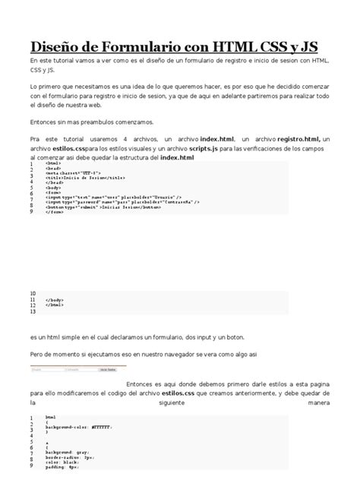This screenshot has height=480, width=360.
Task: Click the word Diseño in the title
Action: [56, 45]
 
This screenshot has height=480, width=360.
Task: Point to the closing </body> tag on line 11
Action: [54, 300]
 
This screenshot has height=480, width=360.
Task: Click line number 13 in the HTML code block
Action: [33, 311]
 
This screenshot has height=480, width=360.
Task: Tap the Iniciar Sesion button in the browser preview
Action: [107, 370]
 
